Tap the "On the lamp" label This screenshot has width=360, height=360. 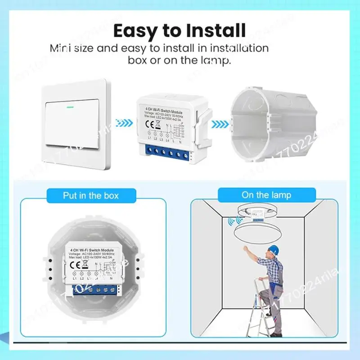(x=266, y=195)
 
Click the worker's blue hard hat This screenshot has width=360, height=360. (x=274, y=250)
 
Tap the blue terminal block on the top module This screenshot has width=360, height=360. (x=164, y=153)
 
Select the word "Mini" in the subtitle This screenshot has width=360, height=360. (x=60, y=48)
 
